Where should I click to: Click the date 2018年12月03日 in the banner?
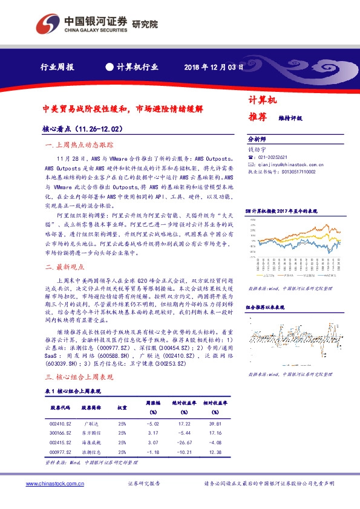pos(214,67)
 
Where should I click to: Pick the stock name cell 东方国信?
pos(92,433)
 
